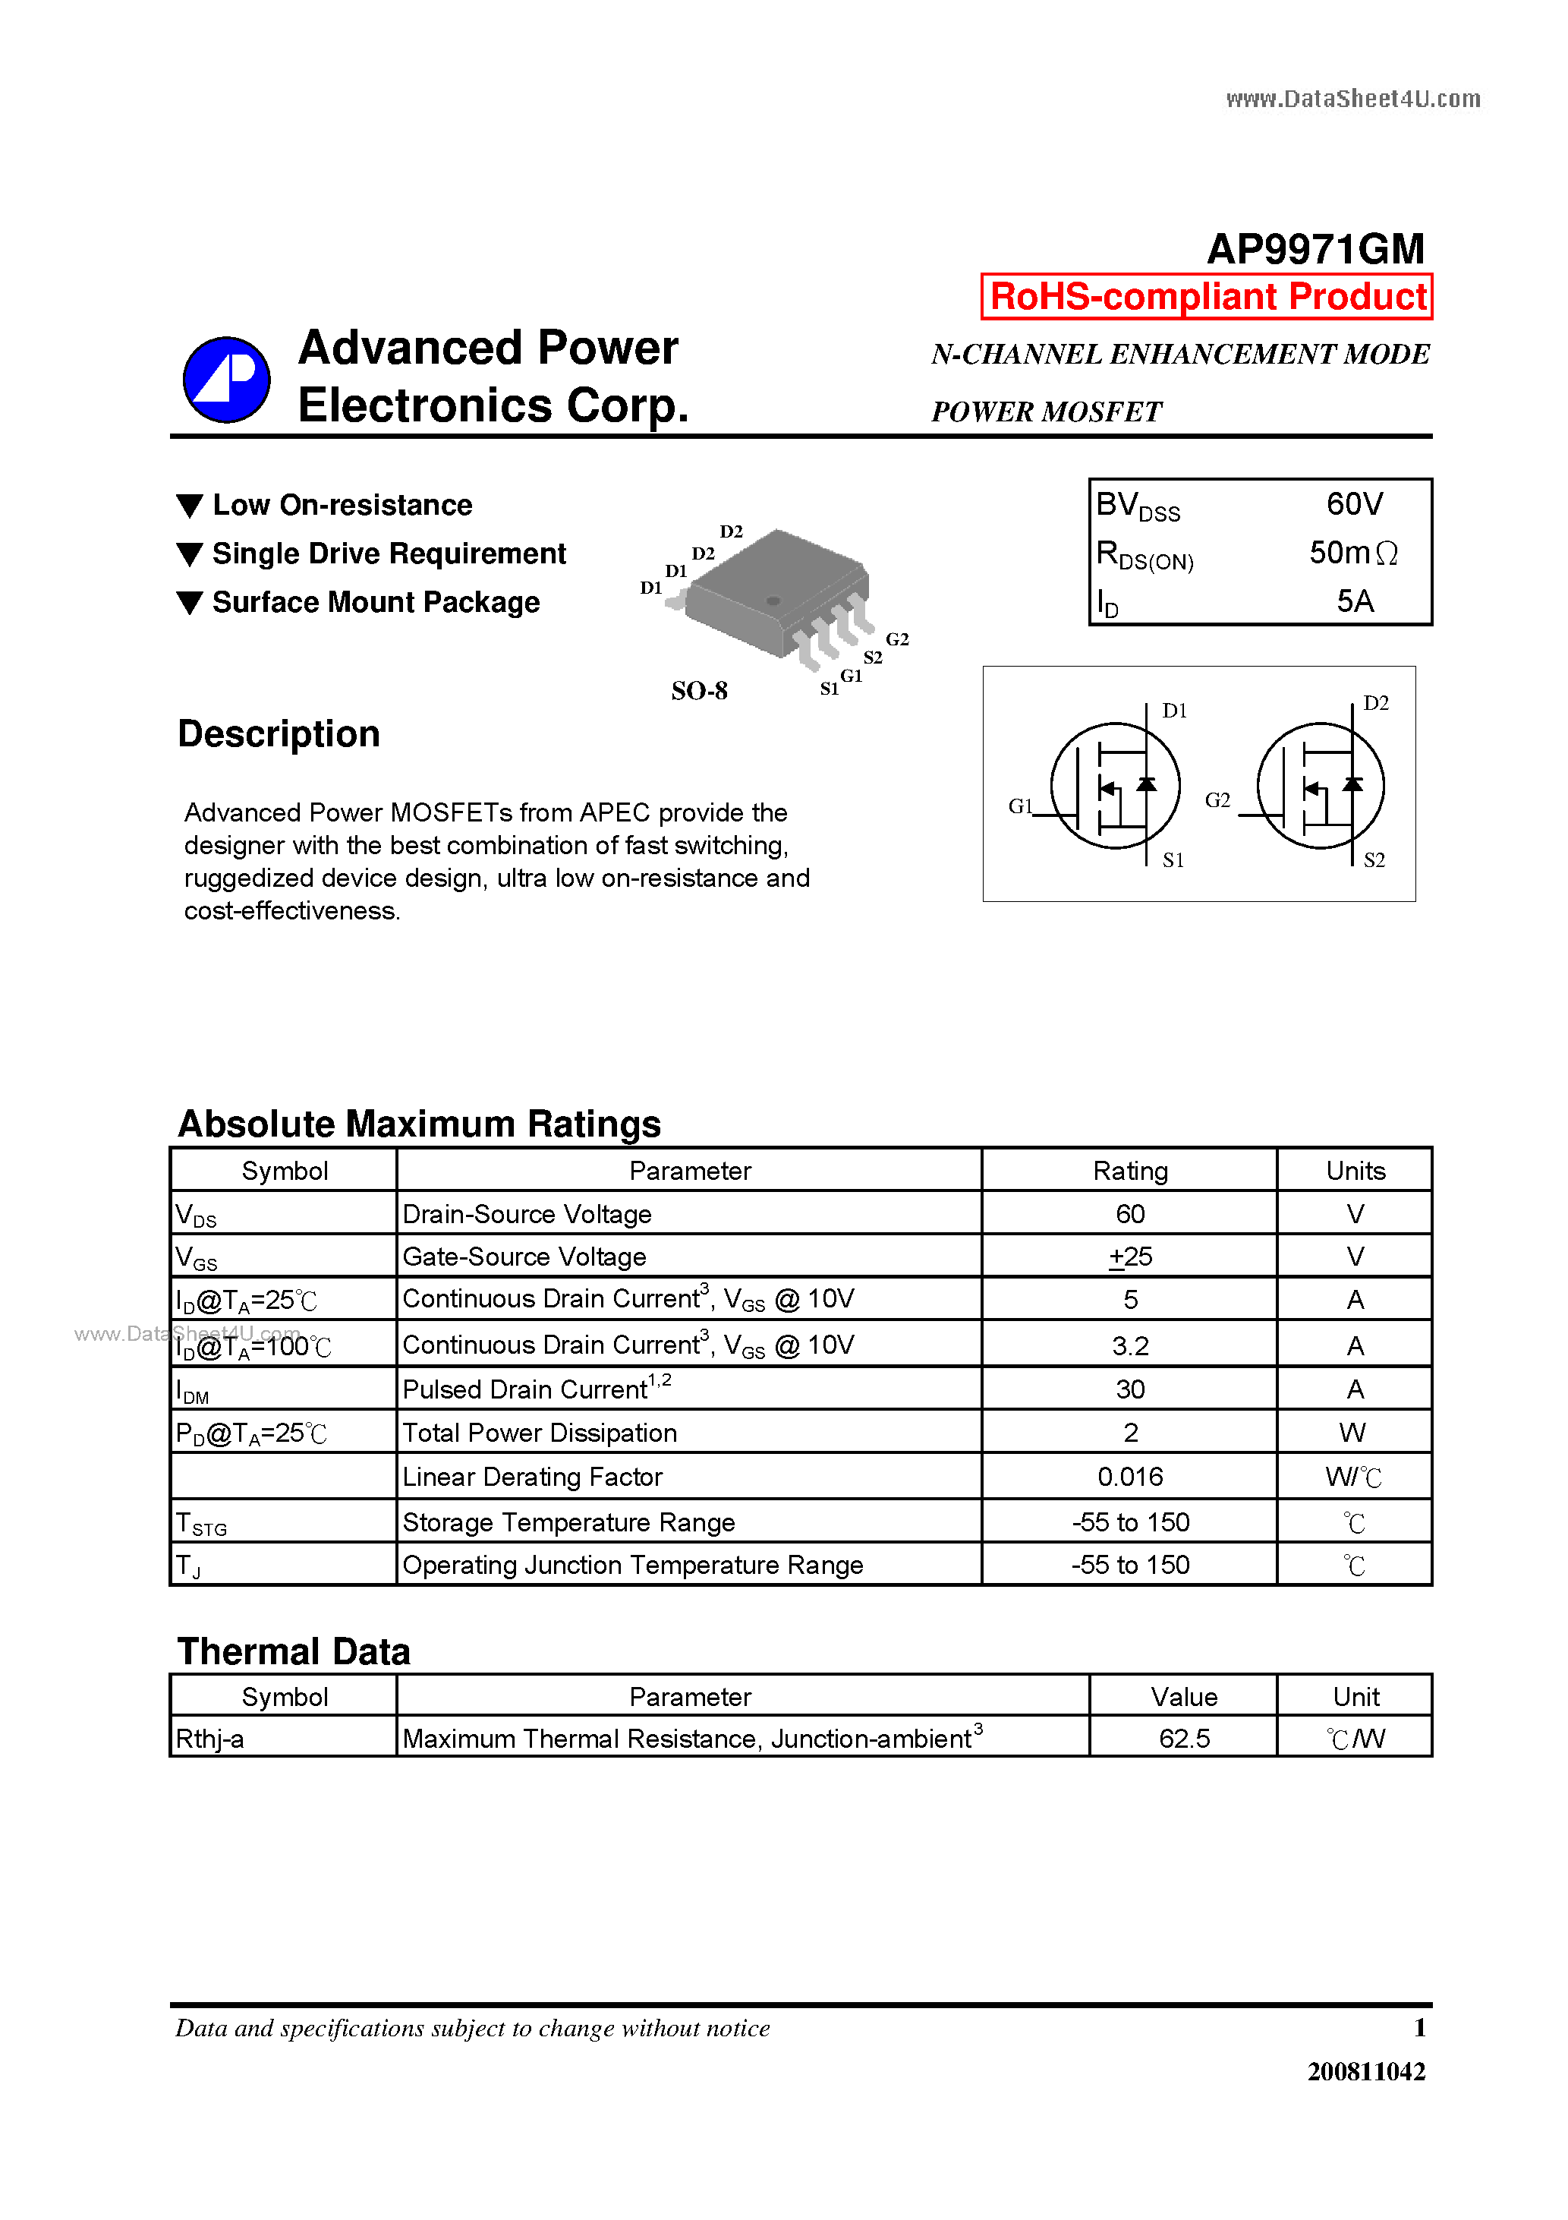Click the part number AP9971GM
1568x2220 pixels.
coord(1316,250)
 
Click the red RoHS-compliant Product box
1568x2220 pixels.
coord(1207,297)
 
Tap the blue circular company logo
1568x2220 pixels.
coord(226,380)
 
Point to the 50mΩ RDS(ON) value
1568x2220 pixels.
coord(1352,553)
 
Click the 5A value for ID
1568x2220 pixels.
coord(1355,601)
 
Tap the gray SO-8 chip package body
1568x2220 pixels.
coord(773,590)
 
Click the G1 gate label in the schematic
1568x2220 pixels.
coord(1020,806)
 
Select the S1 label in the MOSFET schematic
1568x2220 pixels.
coord(1173,860)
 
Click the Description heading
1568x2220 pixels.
coord(279,734)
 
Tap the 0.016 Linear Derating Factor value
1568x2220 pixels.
coord(1129,1477)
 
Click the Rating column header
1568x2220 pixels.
coord(1129,1171)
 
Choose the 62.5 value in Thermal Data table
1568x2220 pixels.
coord(1183,1739)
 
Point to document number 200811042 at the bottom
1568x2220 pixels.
coord(1365,2071)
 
